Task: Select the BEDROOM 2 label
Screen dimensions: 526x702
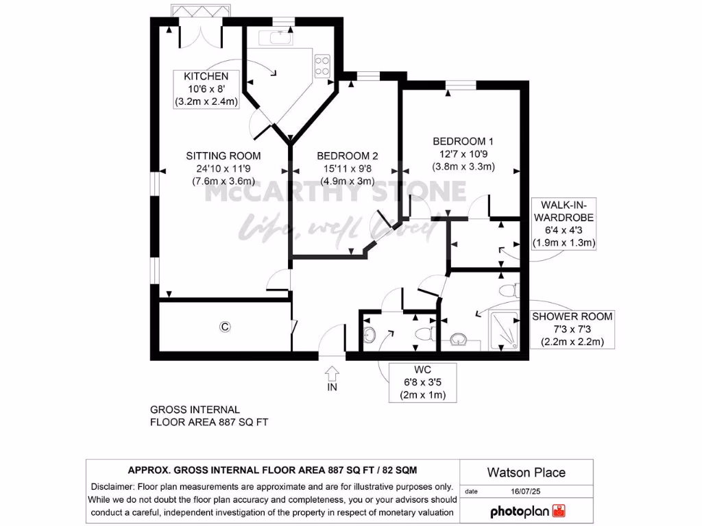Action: point(341,155)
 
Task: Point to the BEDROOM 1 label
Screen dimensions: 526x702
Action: point(463,140)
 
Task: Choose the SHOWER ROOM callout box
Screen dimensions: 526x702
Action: point(572,329)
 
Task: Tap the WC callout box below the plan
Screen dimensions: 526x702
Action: point(422,382)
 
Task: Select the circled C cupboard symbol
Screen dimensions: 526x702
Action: point(223,327)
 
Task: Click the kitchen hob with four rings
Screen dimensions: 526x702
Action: point(322,65)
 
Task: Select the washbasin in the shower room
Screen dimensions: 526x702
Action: point(459,340)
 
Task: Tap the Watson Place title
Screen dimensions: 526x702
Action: point(526,472)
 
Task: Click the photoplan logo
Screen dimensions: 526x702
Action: point(526,511)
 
